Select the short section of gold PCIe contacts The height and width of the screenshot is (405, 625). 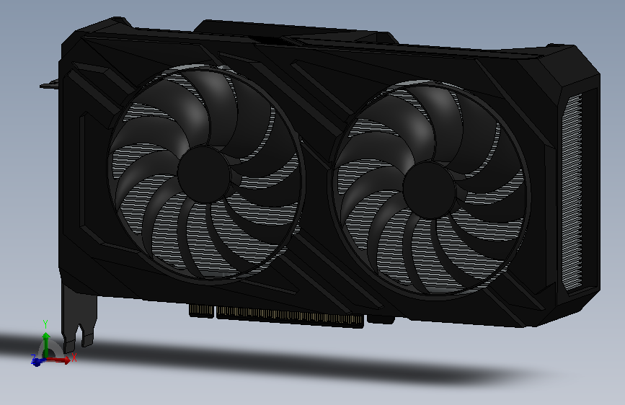pyautogui.click(x=201, y=310)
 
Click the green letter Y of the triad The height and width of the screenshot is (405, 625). pyautogui.click(x=45, y=323)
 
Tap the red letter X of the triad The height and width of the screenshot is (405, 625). pyautogui.click(x=74, y=357)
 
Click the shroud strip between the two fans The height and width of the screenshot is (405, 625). pyautogui.click(x=317, y=144)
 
